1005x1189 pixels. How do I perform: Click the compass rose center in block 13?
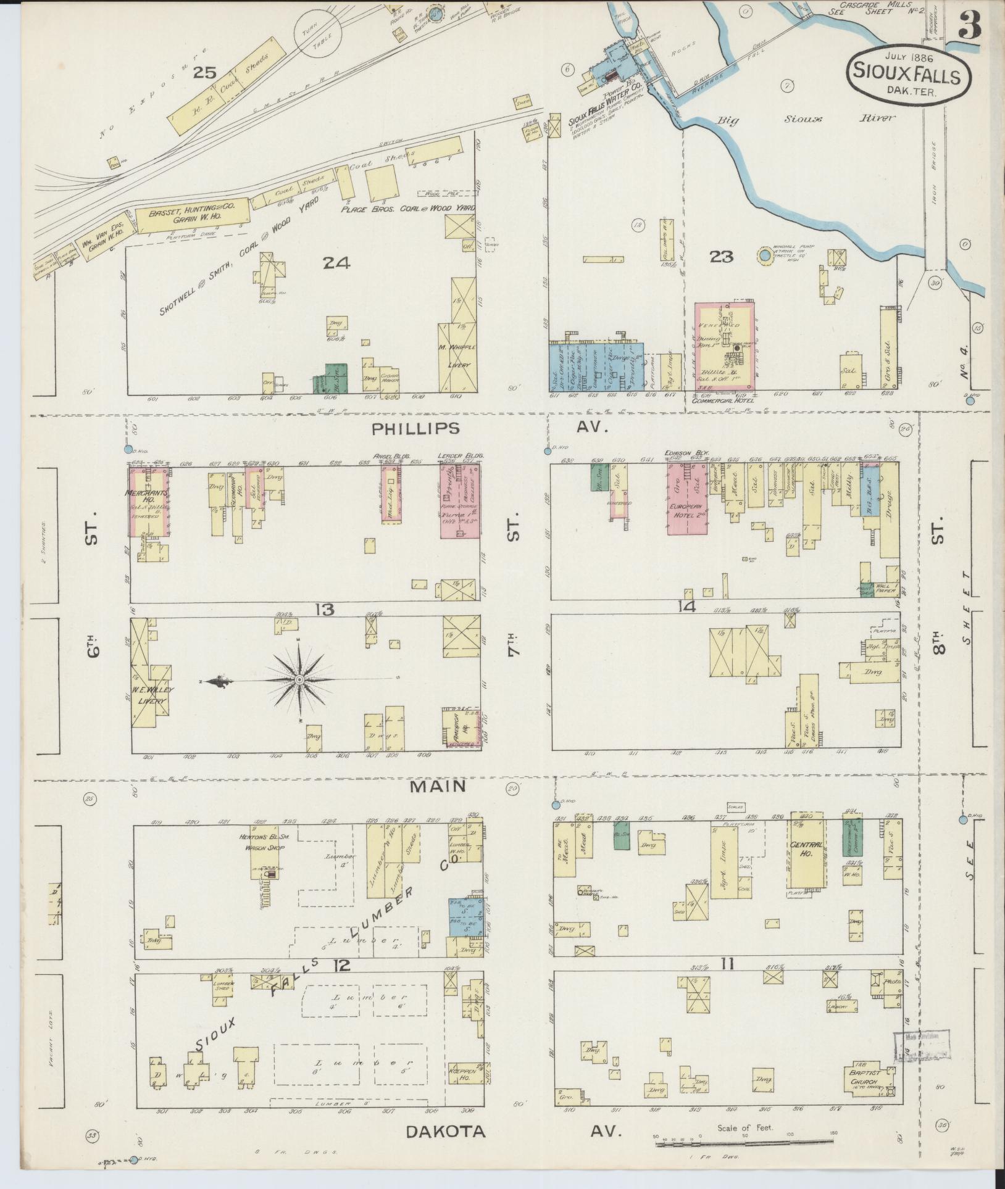tap(299, 680)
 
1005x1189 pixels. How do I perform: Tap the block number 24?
tap(336, 263)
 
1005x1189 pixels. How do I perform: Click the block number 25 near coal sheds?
tap(204, 73)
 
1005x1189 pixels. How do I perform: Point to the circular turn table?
tap(316, 37)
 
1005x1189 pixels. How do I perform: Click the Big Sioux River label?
tap(804, 118)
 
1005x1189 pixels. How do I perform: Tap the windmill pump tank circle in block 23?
tap(765, 255)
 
